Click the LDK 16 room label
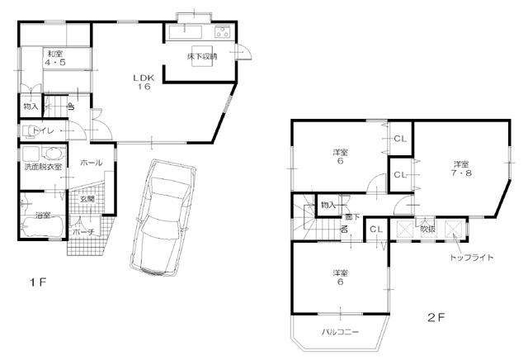click(x=144, y=82)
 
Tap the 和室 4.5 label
click(x=55, y=58)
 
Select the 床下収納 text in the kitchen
click(x=201, y=57)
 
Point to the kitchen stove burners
click(x=221, y=32)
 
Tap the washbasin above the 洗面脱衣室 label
click(x=51, y=154)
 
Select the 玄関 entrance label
click(x=87, y=199)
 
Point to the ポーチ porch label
click(x=83, y=233)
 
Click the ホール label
click(x=91, y=163)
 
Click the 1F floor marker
click(x=38, y=283)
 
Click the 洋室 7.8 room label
click(x=460, y=167)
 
